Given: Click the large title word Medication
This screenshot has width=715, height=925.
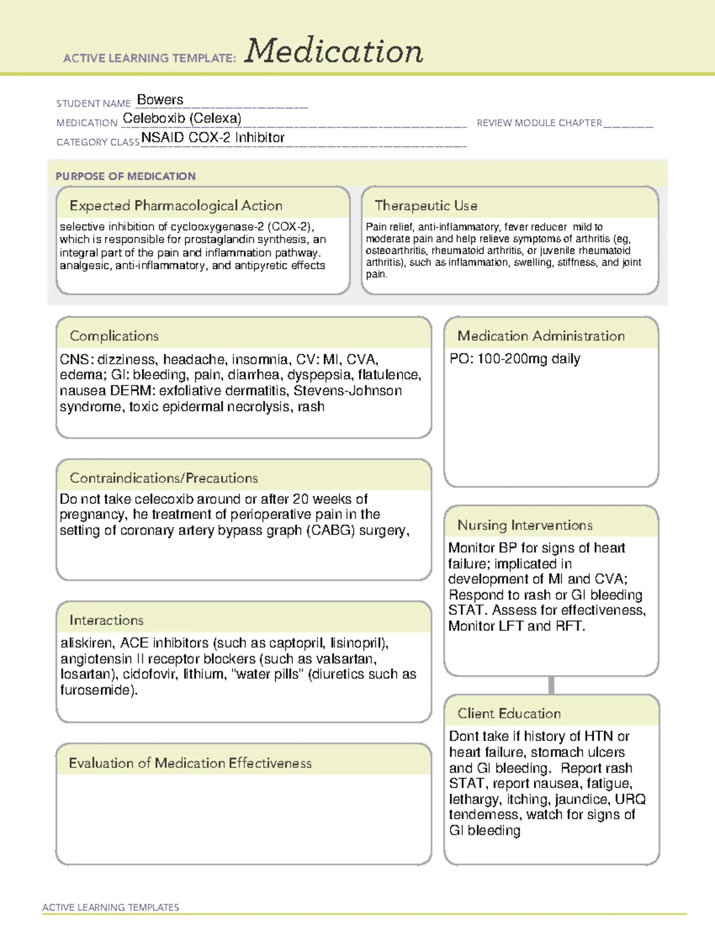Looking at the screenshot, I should click(334, 51).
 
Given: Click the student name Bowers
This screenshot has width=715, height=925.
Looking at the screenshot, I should click(160, 99).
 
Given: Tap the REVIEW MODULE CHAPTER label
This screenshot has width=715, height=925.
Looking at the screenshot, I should click(539, 123).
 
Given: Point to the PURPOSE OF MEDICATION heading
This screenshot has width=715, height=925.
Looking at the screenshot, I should click(126, 176).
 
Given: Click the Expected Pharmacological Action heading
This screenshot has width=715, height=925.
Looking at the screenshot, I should click(176, 205).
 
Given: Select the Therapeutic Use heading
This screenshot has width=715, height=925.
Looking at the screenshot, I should click(426, 205).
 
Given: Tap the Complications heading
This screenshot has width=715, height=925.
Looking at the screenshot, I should click(114, 336).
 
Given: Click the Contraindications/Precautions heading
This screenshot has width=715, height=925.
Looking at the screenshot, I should click(164, 478).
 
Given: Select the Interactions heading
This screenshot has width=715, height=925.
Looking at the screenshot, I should click(106, 620).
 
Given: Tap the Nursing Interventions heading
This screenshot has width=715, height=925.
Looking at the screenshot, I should click(525, 525).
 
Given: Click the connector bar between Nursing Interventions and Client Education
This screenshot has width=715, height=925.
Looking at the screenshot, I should click(551, 685).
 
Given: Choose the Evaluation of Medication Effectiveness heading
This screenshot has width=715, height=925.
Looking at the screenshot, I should click(190, 763).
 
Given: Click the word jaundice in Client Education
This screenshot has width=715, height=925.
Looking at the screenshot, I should click(575, 799).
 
